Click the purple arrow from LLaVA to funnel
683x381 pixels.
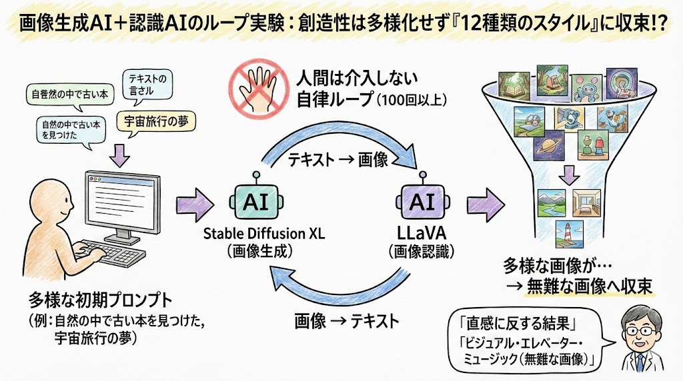(488, 202)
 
